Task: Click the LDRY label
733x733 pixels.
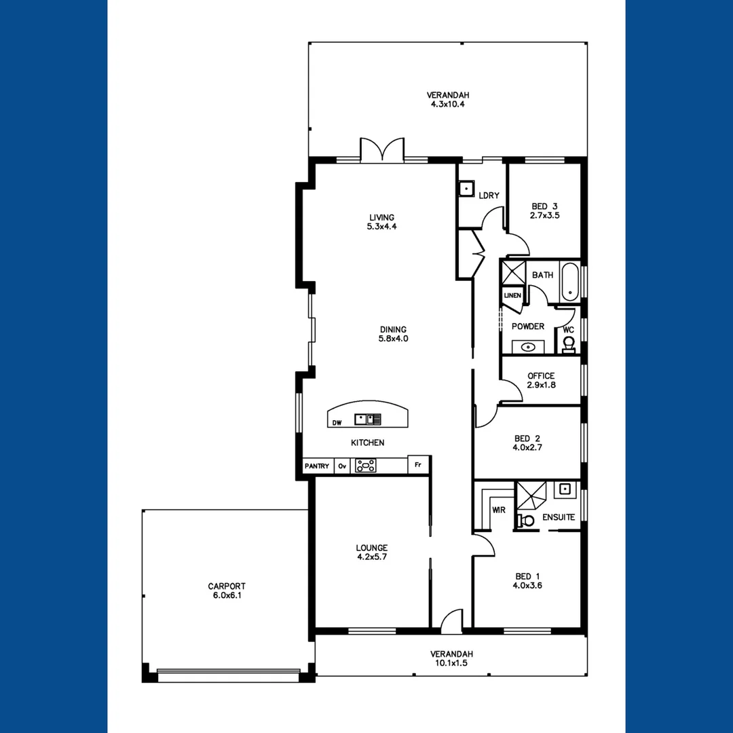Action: (489, 195)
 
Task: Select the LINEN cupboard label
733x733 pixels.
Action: (512, 296)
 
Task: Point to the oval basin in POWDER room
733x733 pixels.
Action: (527, 347)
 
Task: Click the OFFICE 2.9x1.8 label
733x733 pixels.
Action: (541, 380)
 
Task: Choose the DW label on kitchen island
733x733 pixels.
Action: (337, 423)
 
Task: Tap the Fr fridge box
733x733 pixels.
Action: (418, 466)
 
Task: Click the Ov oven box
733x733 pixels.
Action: (342, 466)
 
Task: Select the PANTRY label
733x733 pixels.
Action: (317, 466)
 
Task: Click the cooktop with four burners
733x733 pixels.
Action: (366, 466)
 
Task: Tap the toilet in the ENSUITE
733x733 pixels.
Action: (525, 521)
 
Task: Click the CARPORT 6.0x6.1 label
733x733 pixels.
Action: (227, 590)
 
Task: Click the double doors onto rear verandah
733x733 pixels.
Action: (382, 150)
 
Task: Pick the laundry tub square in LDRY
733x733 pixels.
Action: (466, 189)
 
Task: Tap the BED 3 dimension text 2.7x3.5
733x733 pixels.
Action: (545, 215)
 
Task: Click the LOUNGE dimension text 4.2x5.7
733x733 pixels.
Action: (371, 557)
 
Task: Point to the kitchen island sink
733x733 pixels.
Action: (362, 419)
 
